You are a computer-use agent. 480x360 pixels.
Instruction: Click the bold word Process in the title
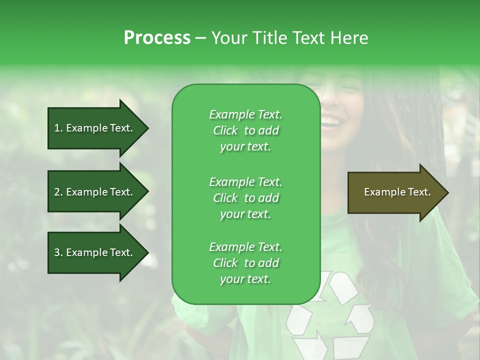(x=157, y=38)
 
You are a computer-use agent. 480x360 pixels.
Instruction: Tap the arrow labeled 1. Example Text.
(x=95, y=128)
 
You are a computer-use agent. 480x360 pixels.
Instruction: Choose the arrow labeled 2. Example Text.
(x=95, y=192)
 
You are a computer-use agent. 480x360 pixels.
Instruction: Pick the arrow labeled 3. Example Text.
(x=95, y=252)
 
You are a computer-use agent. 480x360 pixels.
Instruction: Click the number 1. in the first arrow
(x=58, y=128)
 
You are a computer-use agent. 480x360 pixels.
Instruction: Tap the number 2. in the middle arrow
(x=58, y=192)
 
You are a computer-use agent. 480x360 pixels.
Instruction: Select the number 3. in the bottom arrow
(x=58, y=252)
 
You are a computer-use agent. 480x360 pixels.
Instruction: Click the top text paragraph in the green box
(x=245, y=130)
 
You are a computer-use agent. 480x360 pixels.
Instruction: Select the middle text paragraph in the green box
(x=245, y=197)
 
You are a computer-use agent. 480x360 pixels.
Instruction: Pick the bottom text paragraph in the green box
(x=245, y=263)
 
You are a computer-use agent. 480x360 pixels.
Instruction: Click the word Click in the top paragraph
(x=225, y=130)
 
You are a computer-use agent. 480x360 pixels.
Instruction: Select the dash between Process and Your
(x=201, y=38)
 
